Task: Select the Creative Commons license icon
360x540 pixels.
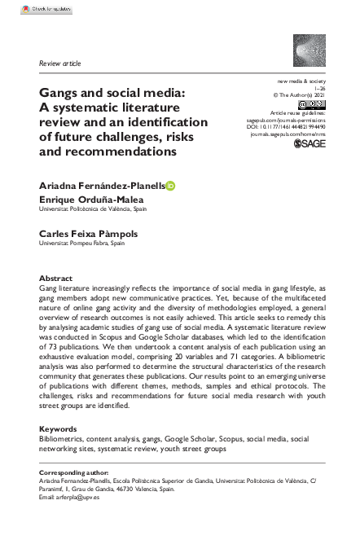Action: (313, 104)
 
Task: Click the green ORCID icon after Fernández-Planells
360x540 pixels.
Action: (170, 186)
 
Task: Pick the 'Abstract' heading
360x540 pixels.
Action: (56, 278)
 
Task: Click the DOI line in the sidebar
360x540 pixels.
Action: (286, 126)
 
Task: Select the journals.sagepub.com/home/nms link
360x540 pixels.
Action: (285, 134)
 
